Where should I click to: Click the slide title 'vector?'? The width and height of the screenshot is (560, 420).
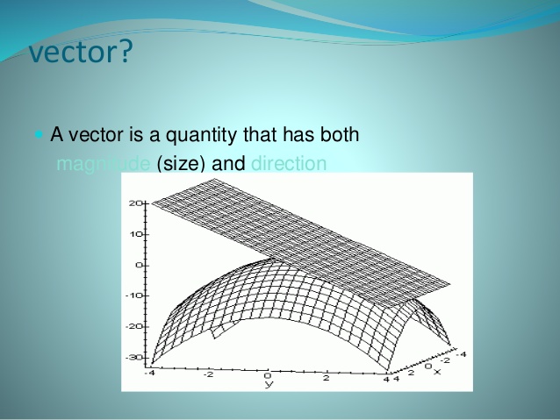coord(81,52)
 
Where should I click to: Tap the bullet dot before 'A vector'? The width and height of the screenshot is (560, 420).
coord(38,136)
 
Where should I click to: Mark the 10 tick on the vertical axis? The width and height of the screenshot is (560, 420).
coord(137,234)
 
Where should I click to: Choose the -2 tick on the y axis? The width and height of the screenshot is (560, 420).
coord(208,375)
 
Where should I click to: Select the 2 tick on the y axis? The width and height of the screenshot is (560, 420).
coord(327,378)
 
